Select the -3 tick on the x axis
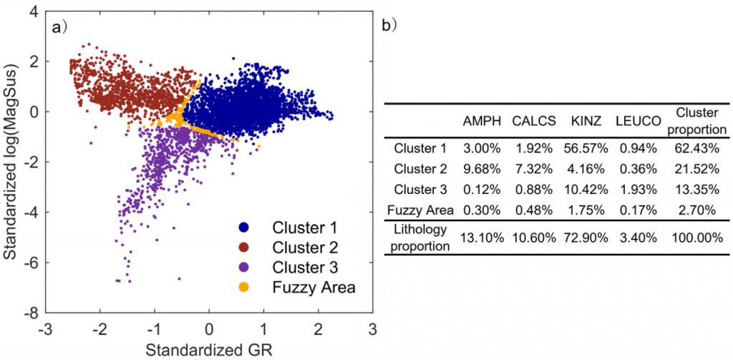(x=46, y=331)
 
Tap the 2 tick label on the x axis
(x=318, y=331)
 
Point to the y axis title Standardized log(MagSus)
(x=12, y=162)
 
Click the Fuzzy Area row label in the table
(x=421, y=209)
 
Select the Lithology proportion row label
(x=420, y=236)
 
